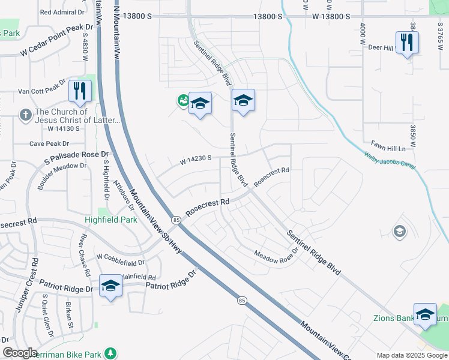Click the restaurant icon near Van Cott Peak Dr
click(x=80, y=91)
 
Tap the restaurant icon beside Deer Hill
click(x=408, y=42)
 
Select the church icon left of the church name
click(x=25, y=114)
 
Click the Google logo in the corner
click(x=20, y=353)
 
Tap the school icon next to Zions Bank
click(x=425, y=314)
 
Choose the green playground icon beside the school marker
click(x=182, y=101)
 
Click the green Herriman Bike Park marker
click(x=110, y=354)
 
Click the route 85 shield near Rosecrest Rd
click(x=176, y=220)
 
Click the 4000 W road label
click(x=363, y=34)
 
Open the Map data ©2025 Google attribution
click(x=411, y=355)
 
